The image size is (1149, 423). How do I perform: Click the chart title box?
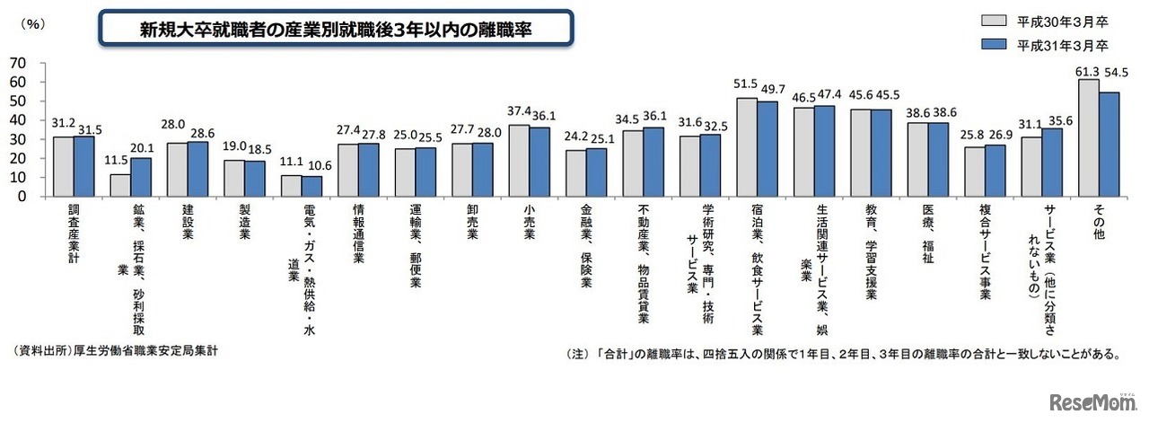(334, 29)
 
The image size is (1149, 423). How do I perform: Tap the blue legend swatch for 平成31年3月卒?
(997, 44)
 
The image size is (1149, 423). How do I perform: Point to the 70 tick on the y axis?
(18, 63)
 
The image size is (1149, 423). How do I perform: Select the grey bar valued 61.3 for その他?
(1088, 137)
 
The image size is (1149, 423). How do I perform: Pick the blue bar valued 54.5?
(1109, 144)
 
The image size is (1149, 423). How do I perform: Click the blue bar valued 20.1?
(141, 177)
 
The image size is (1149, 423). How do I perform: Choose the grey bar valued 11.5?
(120, 185)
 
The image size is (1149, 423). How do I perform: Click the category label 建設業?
(188, 225)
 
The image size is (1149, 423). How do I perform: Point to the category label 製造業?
(243, 225)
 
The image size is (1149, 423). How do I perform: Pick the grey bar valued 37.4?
(519, 160)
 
